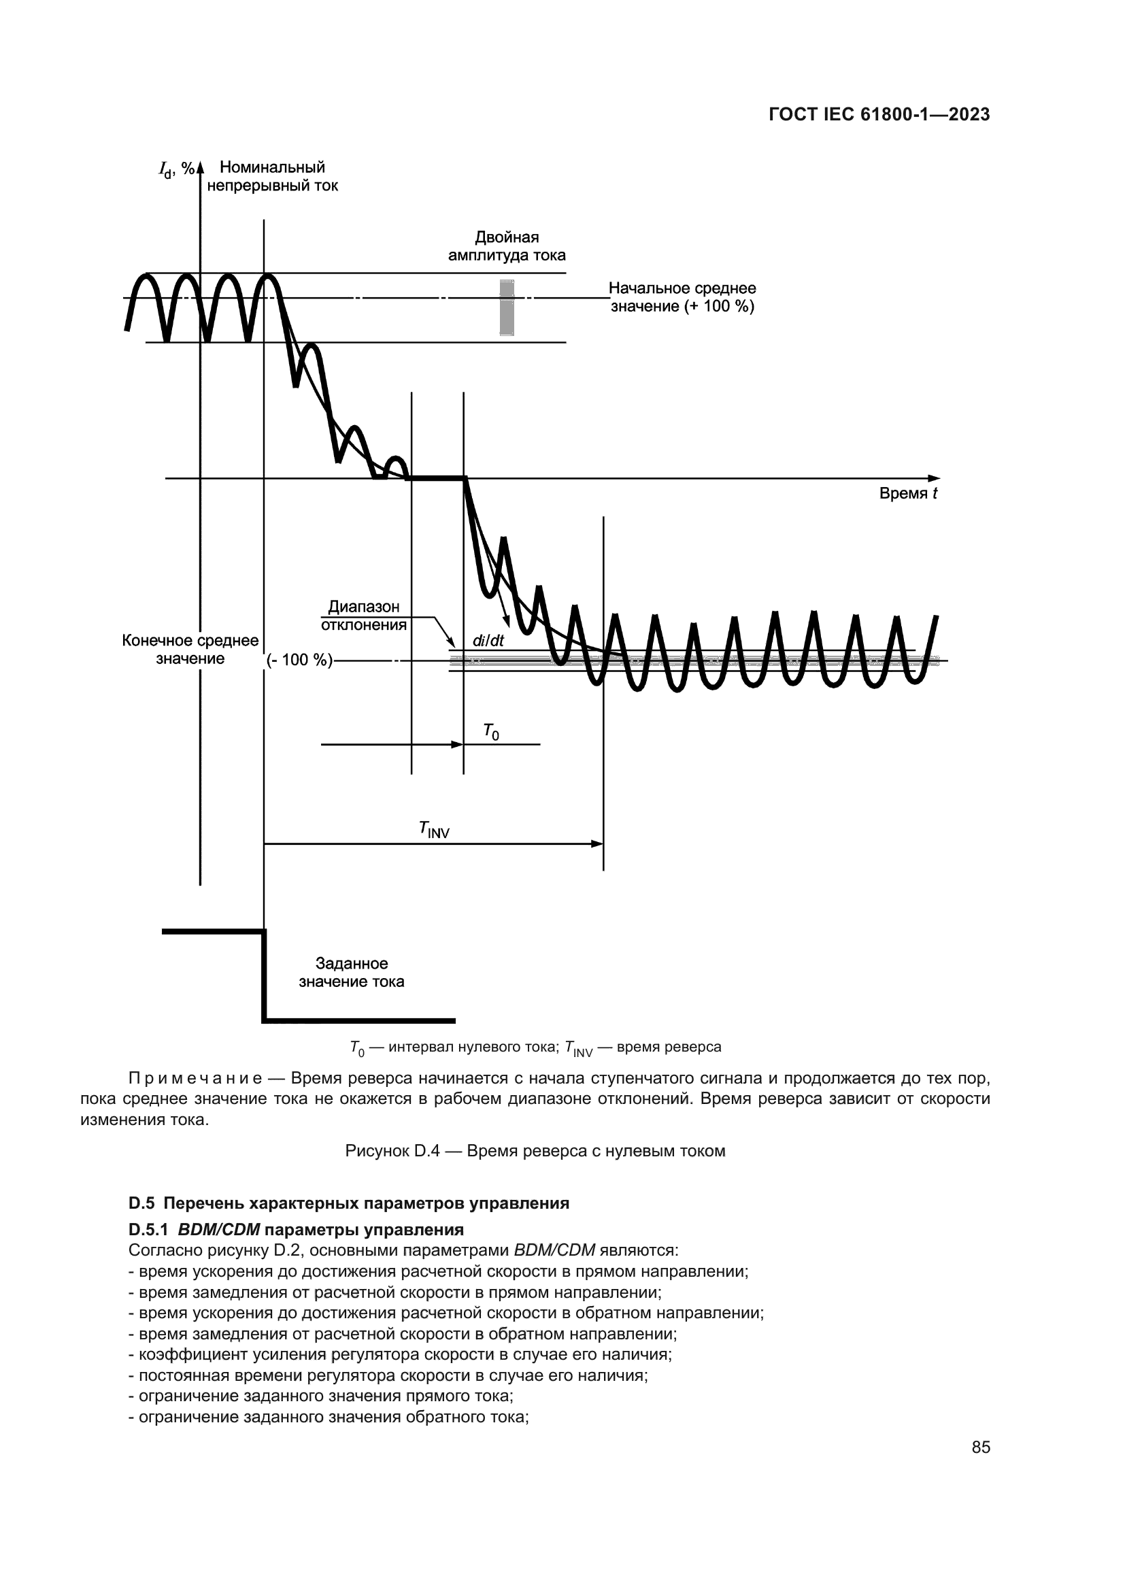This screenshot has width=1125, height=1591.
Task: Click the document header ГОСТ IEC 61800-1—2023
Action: pyautogui.click(x=879, y=115)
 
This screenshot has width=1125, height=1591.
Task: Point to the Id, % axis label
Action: pyautogui.click(x=176, y=169)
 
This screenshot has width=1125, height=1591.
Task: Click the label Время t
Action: pyautogui.click(x=908, y=493)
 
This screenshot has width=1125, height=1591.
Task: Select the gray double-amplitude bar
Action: pyautogui.click(x=507, y=307)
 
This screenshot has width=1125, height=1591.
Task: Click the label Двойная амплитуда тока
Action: pyautogui.click(x=507, y=247)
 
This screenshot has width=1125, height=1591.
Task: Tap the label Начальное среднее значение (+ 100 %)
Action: pyautogui.click(x=682, y=297)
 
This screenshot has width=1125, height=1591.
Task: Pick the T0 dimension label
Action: pyautogui.click(x=490, y=732)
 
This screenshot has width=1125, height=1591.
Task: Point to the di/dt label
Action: pyautogui.click(x=488, y=641)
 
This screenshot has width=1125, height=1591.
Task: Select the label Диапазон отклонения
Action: pyautogui.click(x=364, y=616)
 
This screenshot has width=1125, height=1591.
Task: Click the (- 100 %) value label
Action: pyautogui.click(x=299, y=660)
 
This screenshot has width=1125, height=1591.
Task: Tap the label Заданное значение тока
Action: pyautogui.click(x=351, y=972)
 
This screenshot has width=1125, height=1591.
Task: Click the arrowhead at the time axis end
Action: pyautogui.click(x=935, y=478)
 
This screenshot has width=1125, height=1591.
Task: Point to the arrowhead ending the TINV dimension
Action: pyautogui.click(x=597, y=843)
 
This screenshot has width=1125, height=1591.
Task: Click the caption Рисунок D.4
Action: pyautogui.click(x=535, y=1151)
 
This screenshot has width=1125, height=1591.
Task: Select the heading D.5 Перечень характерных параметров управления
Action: pyautogui.click(x=349, y=1203)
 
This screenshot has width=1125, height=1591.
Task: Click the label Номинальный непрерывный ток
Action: pyautogui.click(x=272, y=177)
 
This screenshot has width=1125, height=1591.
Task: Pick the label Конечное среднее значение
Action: pyautogui.click(x=190, y=650)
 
